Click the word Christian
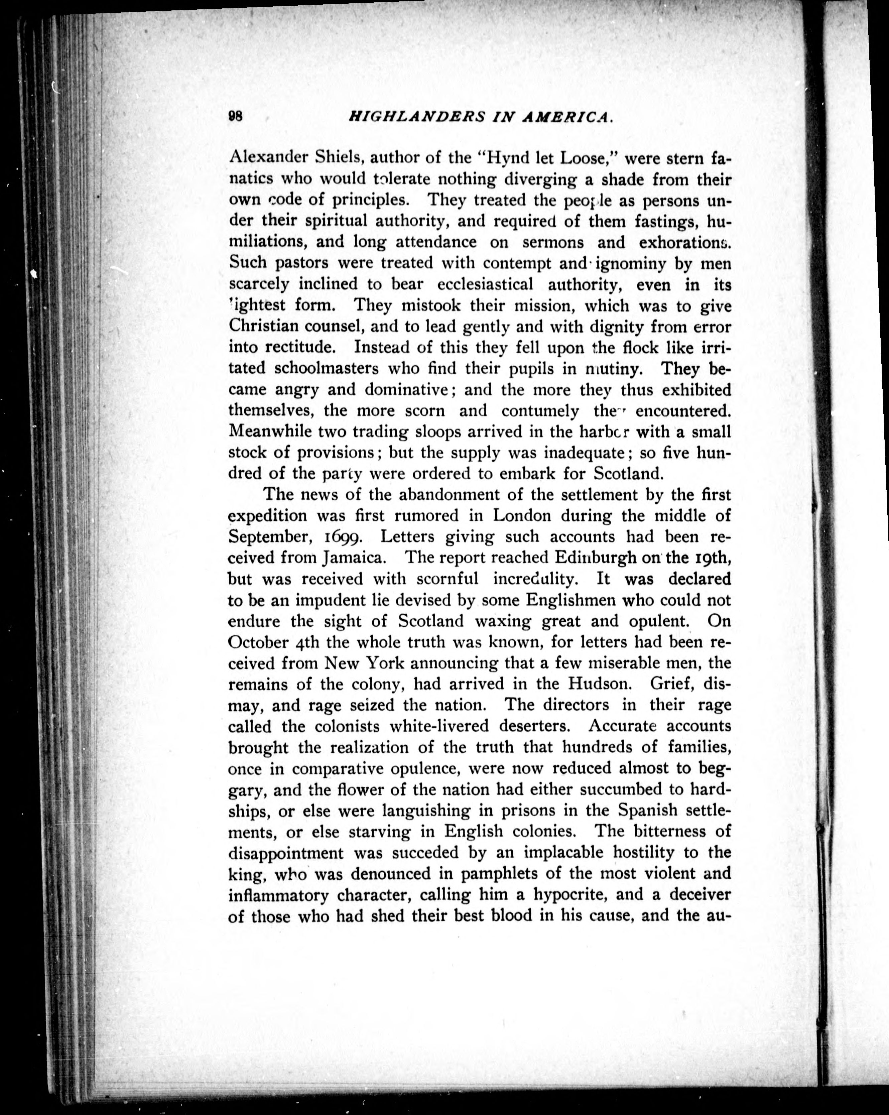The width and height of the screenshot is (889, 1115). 262,327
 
